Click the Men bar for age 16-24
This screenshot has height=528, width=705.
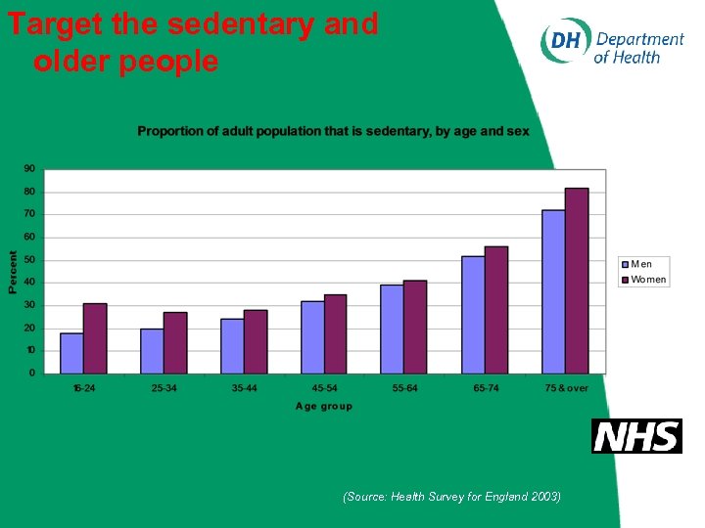[x=71, y=353]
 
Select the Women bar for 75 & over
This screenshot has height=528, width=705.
[x=577, y=281]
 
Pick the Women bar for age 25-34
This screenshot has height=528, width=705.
[x=175, y=342]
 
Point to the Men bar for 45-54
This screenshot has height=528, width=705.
[x=312, y=337]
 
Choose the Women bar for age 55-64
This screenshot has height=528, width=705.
[x=415, y=327]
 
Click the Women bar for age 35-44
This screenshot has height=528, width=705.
[x=256, y=341]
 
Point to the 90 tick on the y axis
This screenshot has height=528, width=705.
[x=29, y=169]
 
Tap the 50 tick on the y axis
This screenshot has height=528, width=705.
[x=29, y=259]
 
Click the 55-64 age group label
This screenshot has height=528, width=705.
[x=403, y=388]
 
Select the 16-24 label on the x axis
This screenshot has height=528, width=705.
[x=84, y=388]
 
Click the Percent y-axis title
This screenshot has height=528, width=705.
[x=13, y=272]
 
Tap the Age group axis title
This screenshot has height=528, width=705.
[x=323, y=406]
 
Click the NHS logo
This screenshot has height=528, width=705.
[x=636, y=436]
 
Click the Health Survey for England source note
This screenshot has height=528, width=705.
[x=451, y=497]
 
